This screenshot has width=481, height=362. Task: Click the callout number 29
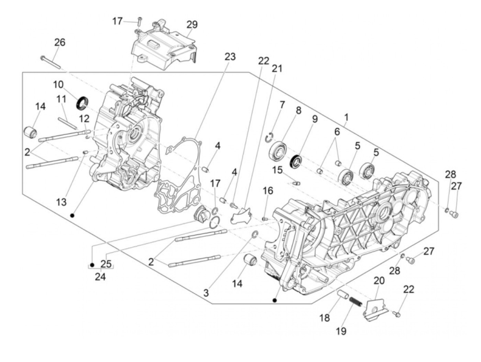[x=192, y=25]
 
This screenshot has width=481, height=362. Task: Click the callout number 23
[x=230, y=56]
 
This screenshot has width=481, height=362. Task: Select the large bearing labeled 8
[x=279, y=152]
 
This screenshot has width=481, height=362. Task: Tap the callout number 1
[x=346, y=117]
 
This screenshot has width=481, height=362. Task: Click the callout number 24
[x=100, y=276]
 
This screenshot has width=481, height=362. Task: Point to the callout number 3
[x=206, y=293]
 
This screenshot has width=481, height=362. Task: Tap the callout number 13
[x=61, y=202]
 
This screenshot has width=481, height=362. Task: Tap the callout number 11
[x=61, y=99]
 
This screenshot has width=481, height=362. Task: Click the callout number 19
[x=341, y=331]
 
